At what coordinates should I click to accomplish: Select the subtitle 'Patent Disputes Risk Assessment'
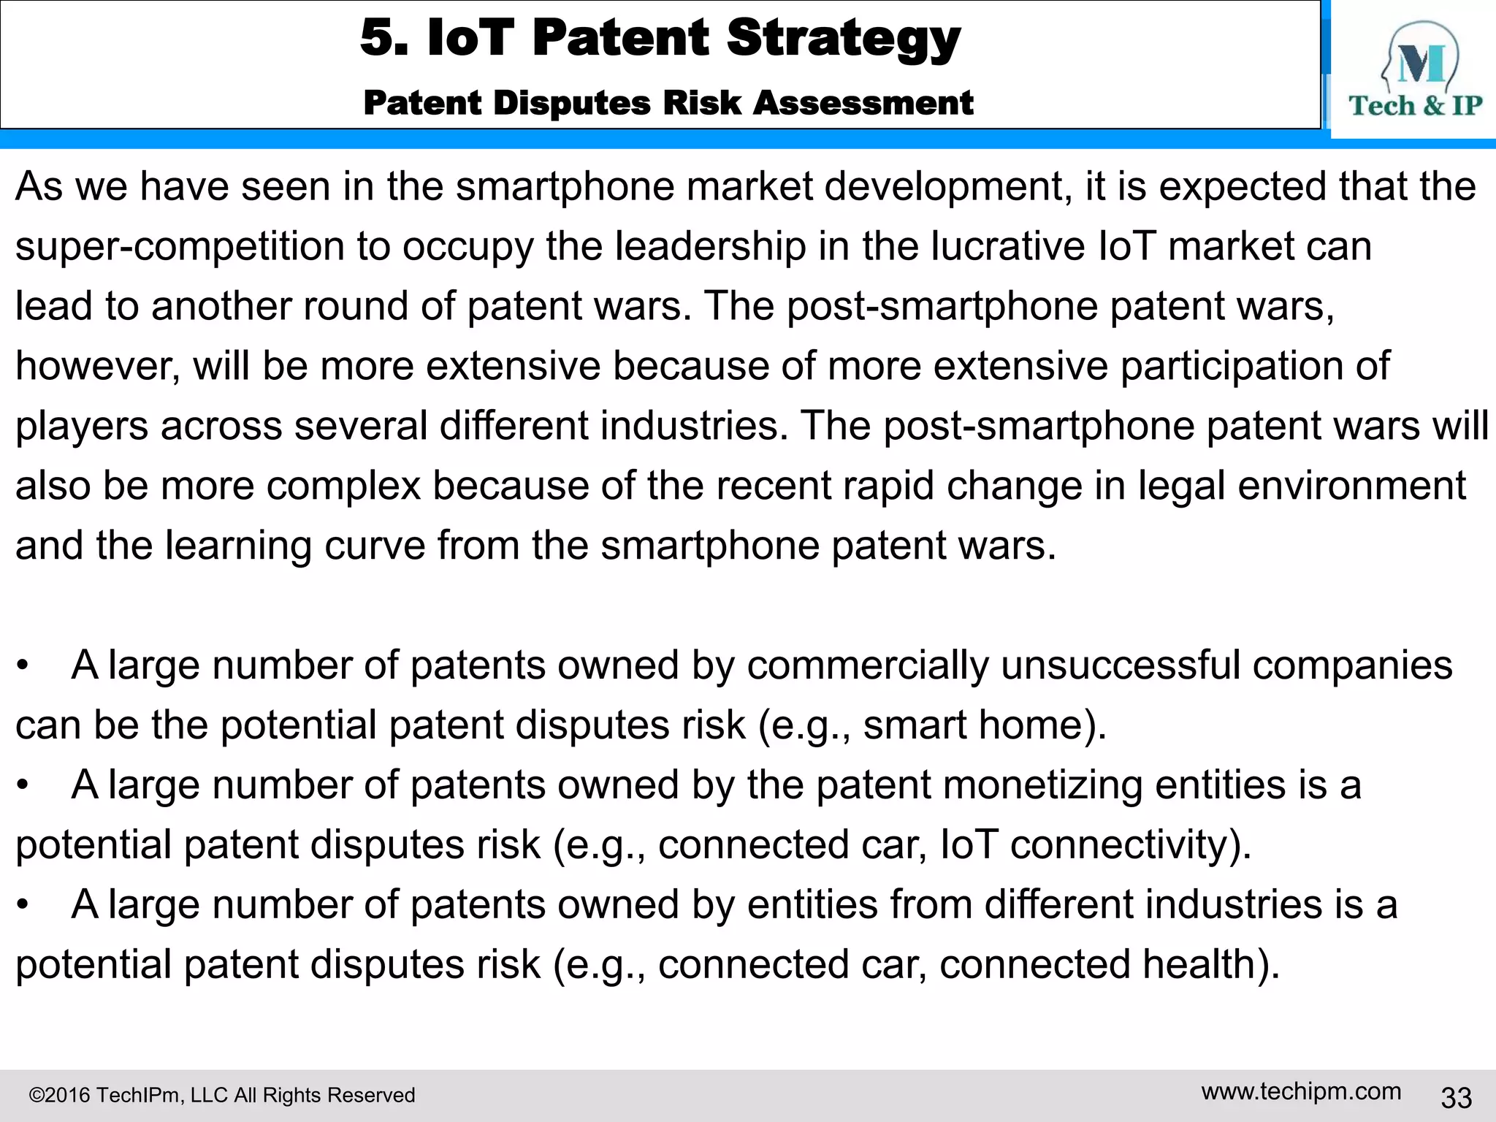point(668,103)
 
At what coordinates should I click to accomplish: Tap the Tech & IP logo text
point(1415,106)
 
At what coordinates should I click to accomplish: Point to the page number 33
point(1456,1097)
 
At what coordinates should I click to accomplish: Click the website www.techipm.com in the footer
point(1301,1091)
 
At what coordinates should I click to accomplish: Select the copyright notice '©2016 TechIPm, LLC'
point(221,1095)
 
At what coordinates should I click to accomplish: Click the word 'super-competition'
point(180,247)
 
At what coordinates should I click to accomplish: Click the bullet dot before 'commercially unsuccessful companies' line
point(23,666)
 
